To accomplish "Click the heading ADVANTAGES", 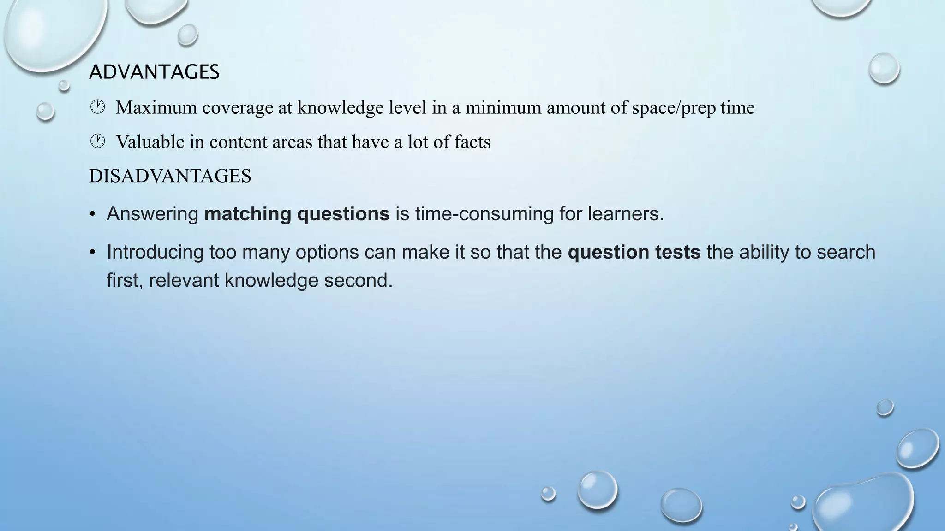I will coord(154,72).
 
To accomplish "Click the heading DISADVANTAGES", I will coord(170,176).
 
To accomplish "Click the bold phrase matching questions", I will coord(297,214).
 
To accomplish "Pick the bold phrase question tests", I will coord(634,252).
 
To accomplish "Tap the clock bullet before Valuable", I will coord(97,142).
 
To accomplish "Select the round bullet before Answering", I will coord(93,214).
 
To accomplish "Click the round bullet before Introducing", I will coord(93,253).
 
